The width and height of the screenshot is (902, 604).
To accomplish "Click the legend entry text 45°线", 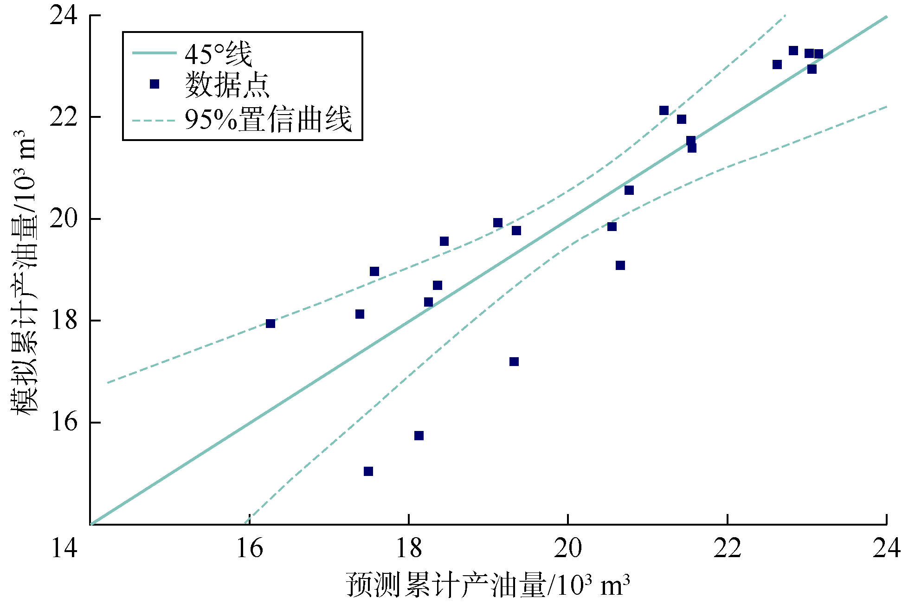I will click(218, 54).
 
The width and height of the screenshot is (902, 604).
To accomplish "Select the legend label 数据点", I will click(227, 85).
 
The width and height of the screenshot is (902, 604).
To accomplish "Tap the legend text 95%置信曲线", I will click(268, 120).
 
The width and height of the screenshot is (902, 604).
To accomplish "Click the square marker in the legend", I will click(155, 84).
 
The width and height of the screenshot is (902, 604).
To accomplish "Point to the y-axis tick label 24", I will click(64, 16).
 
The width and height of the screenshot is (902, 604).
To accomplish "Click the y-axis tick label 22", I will click(64, 117).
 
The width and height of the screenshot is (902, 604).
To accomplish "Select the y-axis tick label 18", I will click(64, 321).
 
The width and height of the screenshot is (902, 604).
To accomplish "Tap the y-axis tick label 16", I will click(64, 423).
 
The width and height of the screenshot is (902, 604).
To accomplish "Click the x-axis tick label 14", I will click(64, 548).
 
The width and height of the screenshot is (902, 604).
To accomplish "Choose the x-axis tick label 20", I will click(568, 548).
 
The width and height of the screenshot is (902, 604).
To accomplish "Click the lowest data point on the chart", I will click(368, 471).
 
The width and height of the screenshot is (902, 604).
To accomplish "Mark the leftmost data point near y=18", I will click(271, 323).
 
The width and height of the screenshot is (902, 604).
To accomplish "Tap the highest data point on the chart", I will click(793, 51).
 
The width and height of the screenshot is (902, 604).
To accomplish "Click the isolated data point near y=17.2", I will click(514, 361).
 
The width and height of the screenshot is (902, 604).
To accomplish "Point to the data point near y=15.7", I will click(419, 436).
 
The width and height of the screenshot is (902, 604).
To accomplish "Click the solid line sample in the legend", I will click(154, 53).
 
